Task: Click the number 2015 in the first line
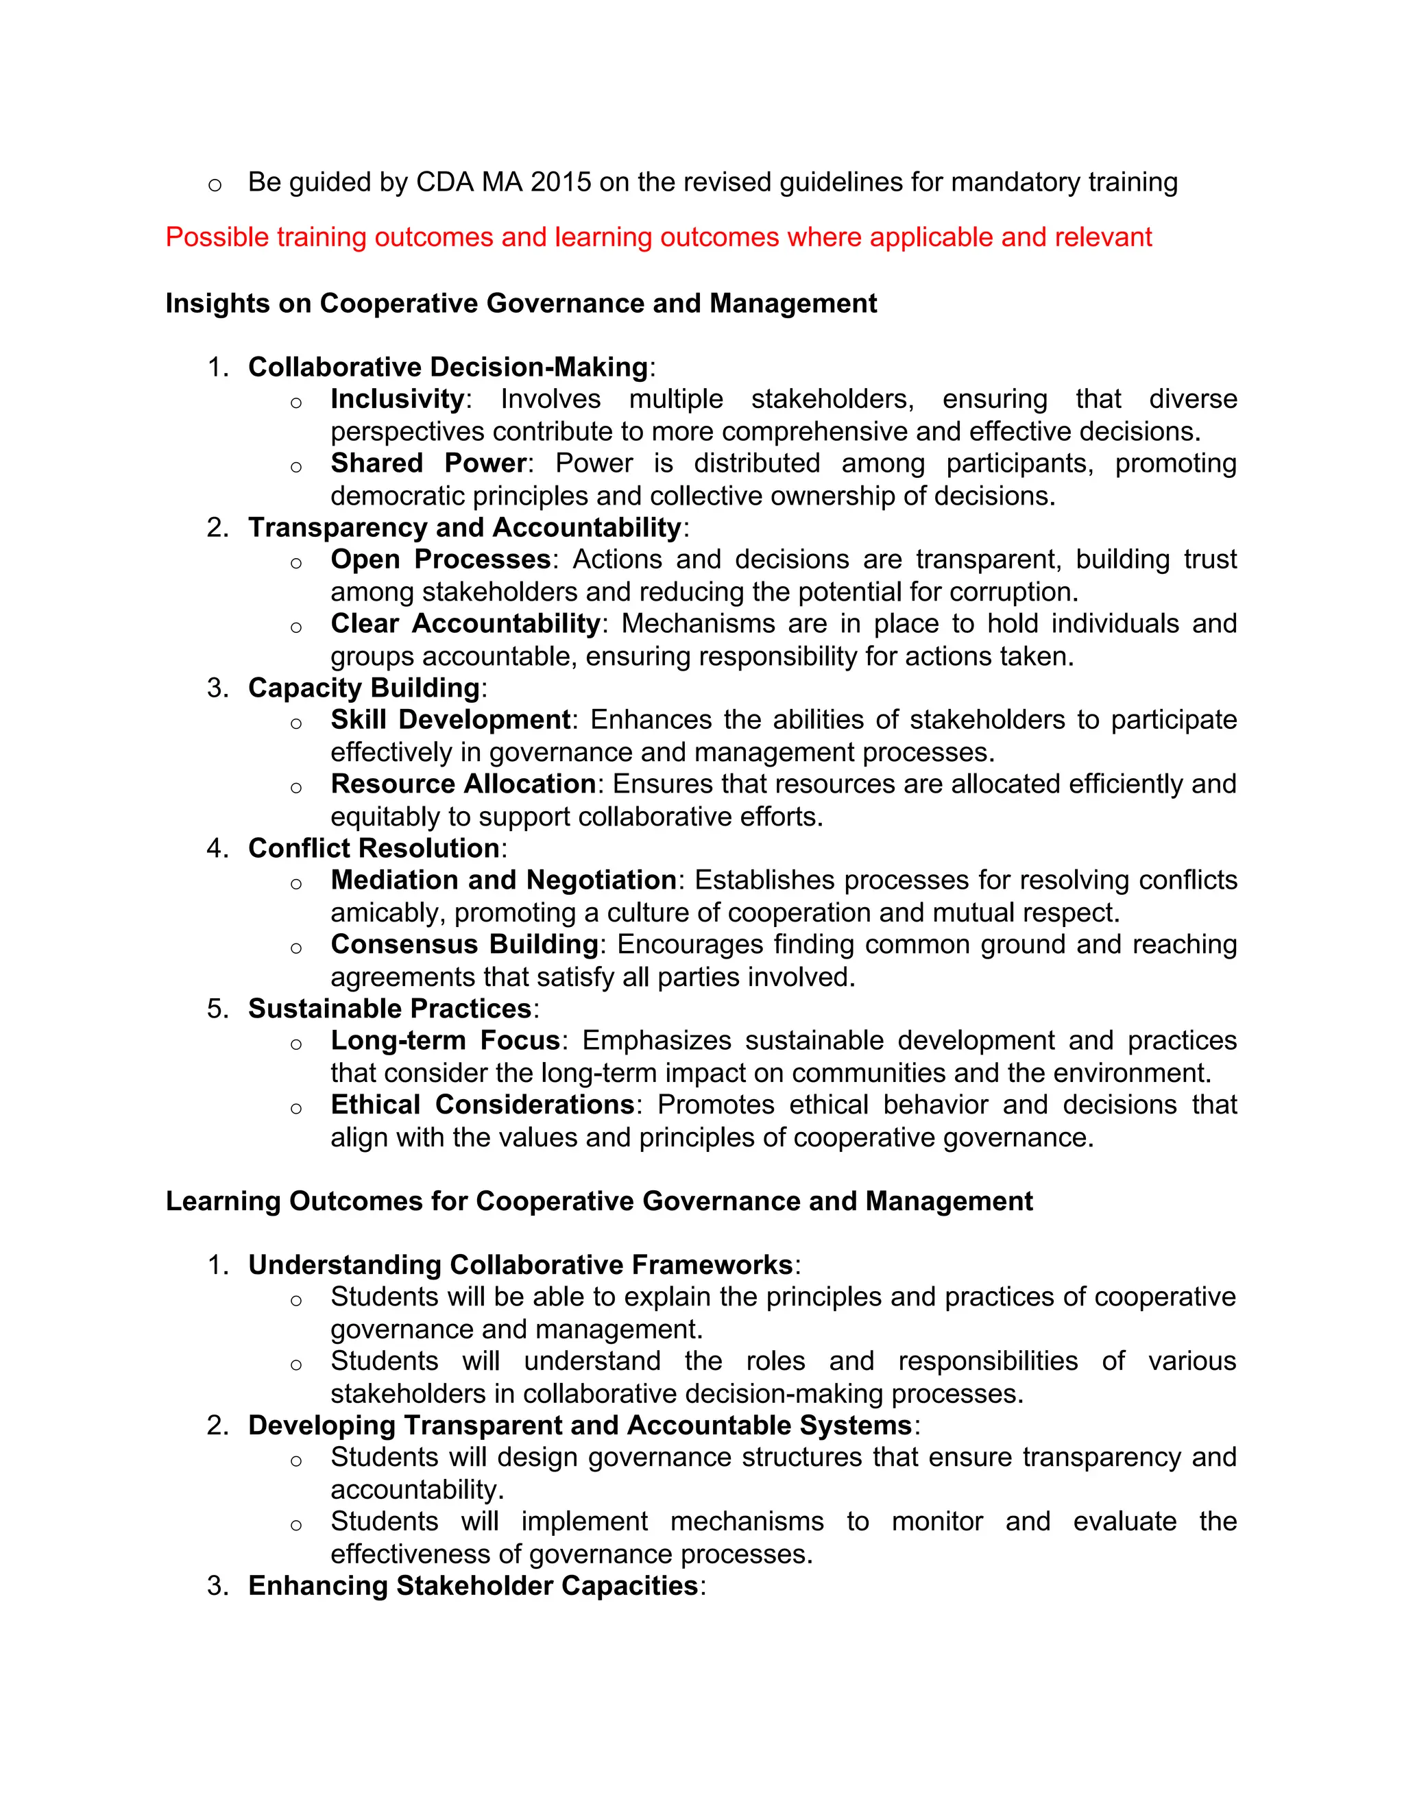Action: point(561,182)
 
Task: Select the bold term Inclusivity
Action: point(397,399)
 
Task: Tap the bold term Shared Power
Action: point(428,464)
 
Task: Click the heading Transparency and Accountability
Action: point(465,527)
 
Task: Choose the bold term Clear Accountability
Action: point(465,624)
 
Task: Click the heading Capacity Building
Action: point(363,688)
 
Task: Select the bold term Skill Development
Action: point(450,720)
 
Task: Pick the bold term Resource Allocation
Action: point(463,784)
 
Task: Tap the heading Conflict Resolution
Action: point(374,849)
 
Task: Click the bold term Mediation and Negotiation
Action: point(503,880)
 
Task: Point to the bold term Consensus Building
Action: point(464,944)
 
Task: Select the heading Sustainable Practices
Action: point(389,1009)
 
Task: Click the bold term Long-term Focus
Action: point(445,1041)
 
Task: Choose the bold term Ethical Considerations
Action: point(483,1105)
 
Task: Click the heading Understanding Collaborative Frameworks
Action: point(520,1266)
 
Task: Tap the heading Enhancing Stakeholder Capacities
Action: point(472,1586)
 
